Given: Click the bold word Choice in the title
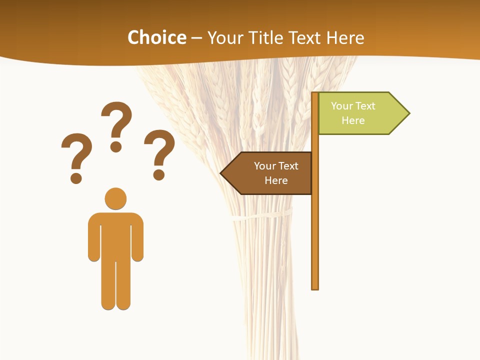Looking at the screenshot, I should tap(156, 37).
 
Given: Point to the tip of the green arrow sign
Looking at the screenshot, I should tap(408, 113).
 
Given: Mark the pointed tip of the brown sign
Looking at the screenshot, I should tap(221, 173).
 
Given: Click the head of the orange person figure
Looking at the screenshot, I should tap(115, 198).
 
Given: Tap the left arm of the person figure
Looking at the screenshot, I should tap(94, 237).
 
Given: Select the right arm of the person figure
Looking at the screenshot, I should tap(137, 237).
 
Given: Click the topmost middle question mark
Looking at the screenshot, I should tap(116, 125).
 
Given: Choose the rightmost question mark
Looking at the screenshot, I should tap(159, 152).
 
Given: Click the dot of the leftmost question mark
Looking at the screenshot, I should tap(76, 177).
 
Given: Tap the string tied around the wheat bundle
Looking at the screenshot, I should tap(260, 216).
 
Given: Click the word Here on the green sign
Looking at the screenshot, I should tap(353, 120).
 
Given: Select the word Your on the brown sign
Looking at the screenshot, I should tap(265, 166).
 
